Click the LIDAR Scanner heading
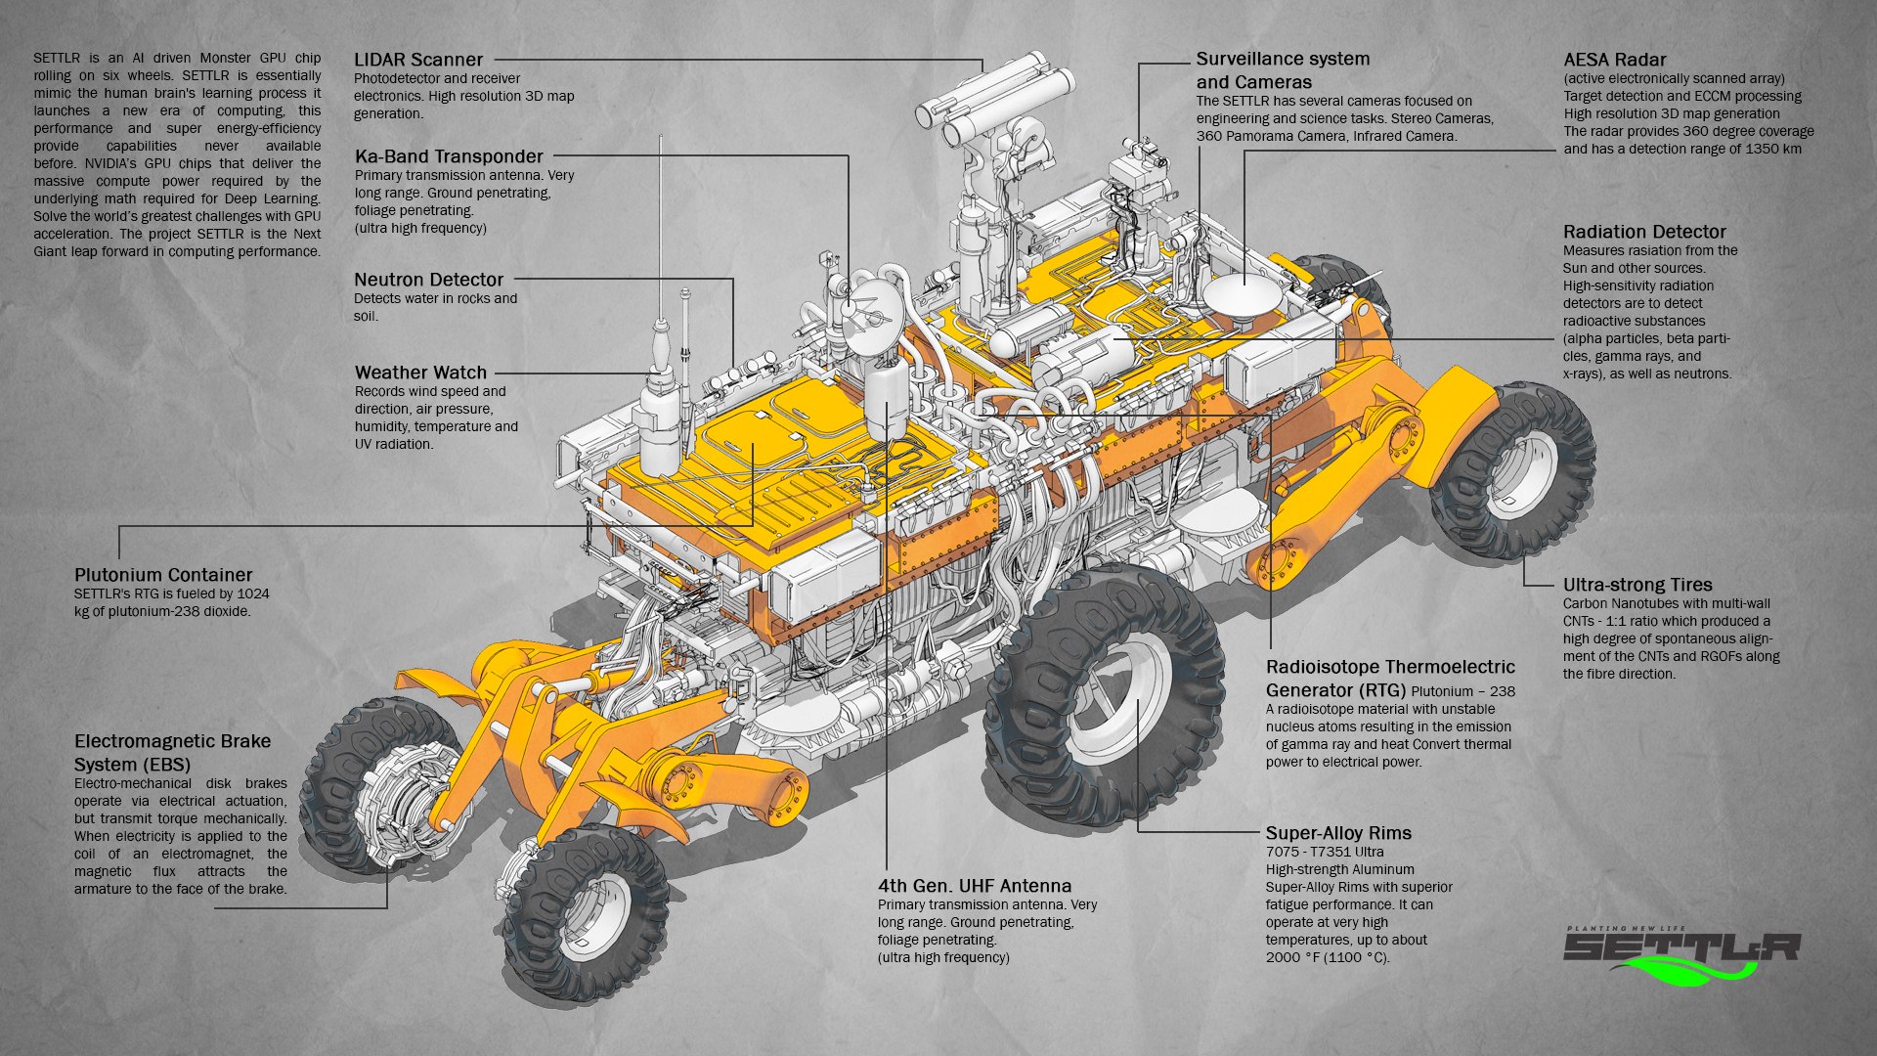[x=417, y=60]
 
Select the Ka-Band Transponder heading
[x=448, y=156]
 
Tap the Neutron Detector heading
[x=428, y=280]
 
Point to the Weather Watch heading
[x=420, y=373]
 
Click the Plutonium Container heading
[x=163, y=575]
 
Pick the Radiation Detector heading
[x=1643, y=232]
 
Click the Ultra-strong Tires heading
[x=1637, y=585]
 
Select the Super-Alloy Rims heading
[x=1337, y=833]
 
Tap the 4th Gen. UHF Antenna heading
[x=974, y=886]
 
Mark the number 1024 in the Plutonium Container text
[x=253, y=594]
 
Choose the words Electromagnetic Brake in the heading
[x=172, y=741]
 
